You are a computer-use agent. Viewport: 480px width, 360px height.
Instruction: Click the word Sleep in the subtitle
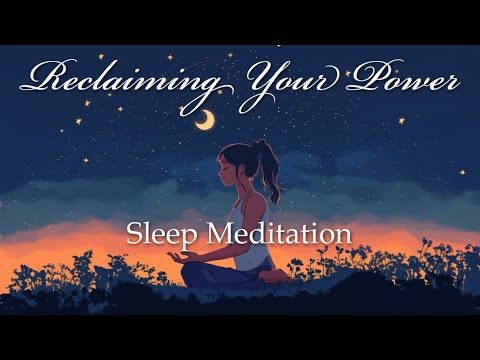pos(159,236)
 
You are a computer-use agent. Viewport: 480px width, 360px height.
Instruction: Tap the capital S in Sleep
pos(134,236)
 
